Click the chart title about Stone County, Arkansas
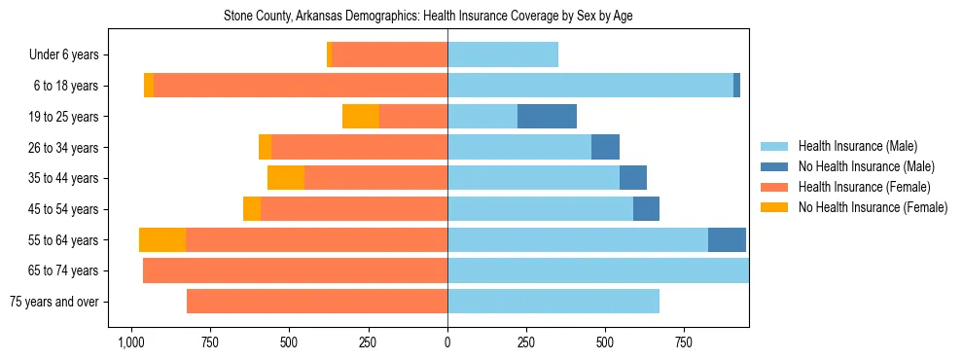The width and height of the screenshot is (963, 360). point(428,17)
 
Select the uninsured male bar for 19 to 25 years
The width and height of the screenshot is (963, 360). point(547,117)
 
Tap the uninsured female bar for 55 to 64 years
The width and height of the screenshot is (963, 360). point(162,240)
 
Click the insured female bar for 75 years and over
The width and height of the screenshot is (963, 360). point(317,302)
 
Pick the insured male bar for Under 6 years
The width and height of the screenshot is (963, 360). point(503,54)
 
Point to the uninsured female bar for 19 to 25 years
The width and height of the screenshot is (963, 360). point(361,117)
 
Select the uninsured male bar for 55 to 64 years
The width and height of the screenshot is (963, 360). point(727,240)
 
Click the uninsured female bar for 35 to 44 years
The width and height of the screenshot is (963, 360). point(286,178)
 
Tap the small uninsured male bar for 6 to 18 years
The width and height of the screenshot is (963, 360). point(736,86)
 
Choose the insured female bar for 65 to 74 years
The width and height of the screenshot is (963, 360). point(296,270)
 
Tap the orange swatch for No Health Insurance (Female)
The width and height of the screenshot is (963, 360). point(774,207)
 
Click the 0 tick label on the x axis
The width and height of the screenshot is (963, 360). point(447,343)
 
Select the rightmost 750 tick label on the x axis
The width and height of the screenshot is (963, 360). point(684,343)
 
